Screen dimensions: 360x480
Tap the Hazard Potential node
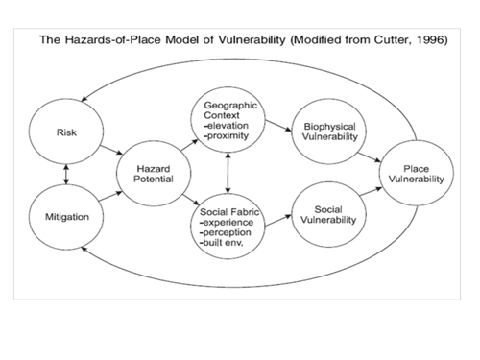click(147, 174)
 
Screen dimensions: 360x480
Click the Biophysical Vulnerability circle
click(330, 132)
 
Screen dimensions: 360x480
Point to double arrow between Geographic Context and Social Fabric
click(227, 175)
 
